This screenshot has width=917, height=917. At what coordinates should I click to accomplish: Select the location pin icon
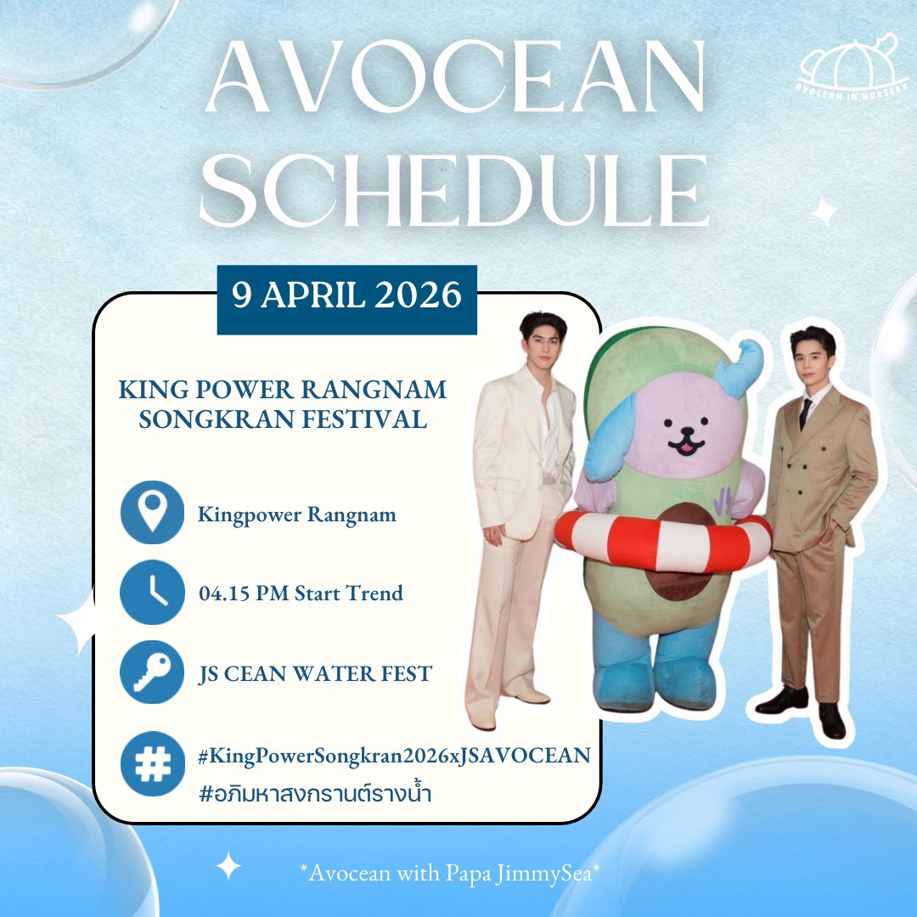pyautogui.click(x=152, y=513)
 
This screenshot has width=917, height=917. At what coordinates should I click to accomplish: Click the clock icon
pyautogui.click(x=152, y=592)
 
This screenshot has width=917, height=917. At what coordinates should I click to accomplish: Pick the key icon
pyautogui.click(x=152, y=672)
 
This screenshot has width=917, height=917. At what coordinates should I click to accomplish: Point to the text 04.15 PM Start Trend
pyautogui.click(x=300, y=593)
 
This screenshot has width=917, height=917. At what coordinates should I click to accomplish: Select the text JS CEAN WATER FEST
pyautogui.click(x=314, y=674)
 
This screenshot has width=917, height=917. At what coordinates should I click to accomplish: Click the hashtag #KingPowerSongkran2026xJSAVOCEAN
pyautogui.click(x=392, y=753)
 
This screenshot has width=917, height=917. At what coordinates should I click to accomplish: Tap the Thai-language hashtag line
pyautogui.click(x=312, y=794)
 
